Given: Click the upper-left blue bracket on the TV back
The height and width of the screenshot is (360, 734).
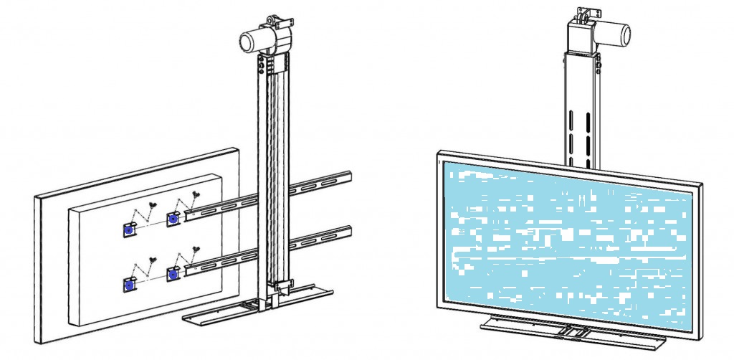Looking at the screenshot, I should (x=130, y=229).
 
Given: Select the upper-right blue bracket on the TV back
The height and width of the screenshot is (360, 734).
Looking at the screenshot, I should (x=173, y=218).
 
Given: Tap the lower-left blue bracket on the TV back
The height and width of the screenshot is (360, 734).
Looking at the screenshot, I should (x=130, y=285).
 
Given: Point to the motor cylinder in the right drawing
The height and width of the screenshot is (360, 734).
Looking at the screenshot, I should (x=616, y=33).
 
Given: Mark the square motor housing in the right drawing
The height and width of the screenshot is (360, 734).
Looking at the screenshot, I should (x=583, y=36).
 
